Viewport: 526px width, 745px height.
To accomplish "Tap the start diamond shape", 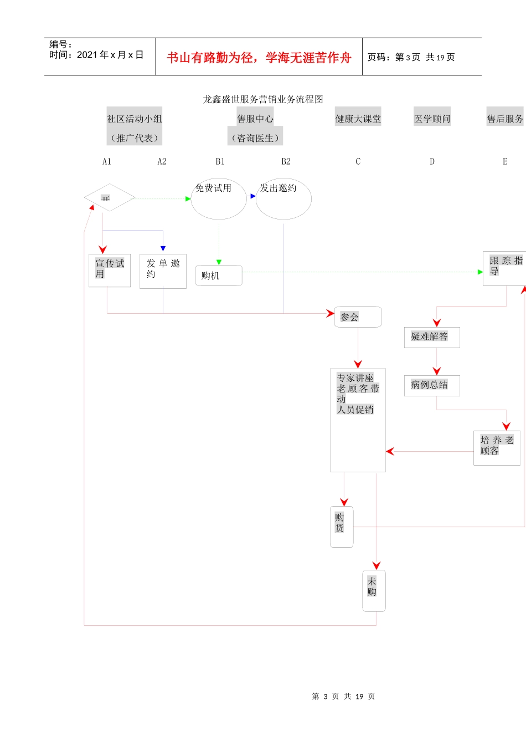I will pos(110,197).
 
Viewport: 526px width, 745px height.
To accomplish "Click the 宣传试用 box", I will pos(110,271).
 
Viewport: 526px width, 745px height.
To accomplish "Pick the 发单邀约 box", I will pos(163,271).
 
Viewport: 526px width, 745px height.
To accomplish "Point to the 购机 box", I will pos(219,275).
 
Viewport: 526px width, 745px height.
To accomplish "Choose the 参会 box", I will pos(358,317).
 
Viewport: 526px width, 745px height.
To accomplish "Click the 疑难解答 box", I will pos(432,337).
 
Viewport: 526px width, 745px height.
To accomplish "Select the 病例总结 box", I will pos(432,385).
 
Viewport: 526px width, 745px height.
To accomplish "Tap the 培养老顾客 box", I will pos(497,448).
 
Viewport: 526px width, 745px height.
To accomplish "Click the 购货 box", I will pos(342,527).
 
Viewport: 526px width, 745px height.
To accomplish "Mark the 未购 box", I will pos(374,591).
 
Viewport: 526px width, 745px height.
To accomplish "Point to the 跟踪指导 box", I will pos(504,269).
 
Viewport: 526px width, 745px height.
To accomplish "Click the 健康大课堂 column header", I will pos(358,119).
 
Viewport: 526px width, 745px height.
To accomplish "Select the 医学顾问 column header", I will pos(432,119).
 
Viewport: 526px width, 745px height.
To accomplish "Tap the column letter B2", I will pos(286,161).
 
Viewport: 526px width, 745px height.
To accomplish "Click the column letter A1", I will pos(107,161).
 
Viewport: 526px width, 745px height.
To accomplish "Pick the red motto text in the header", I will pos(259,58).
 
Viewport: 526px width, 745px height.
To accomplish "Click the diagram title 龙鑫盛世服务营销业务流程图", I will pos(263,99).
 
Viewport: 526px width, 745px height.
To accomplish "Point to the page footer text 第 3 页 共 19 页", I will pos(343,696).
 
